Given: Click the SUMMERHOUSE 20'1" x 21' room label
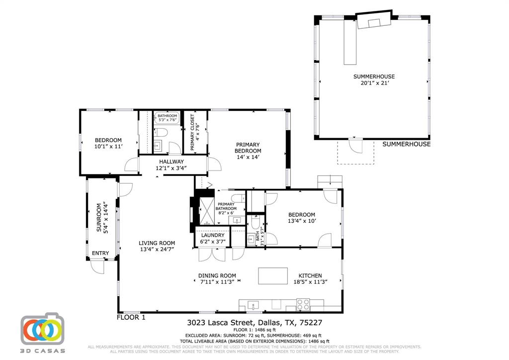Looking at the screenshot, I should [374, 80].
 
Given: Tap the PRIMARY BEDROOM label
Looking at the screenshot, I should [248, 151].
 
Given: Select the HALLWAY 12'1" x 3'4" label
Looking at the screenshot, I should [171, 165].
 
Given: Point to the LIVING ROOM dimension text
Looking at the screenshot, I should [157, 250].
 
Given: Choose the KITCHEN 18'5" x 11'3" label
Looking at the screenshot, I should [310, 278].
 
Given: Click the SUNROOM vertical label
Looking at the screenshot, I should [101, 217].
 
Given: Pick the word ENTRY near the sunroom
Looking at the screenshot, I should [100, 253].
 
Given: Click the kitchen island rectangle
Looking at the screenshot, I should [272, 275].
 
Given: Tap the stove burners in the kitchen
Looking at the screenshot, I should [303, 304].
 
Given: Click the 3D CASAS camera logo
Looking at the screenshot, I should [43, 329].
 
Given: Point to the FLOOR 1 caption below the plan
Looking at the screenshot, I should [131, 317].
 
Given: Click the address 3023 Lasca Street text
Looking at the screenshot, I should [222, 322].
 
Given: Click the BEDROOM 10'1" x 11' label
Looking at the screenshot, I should [108, 143].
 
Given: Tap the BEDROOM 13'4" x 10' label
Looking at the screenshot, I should [301, 218].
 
